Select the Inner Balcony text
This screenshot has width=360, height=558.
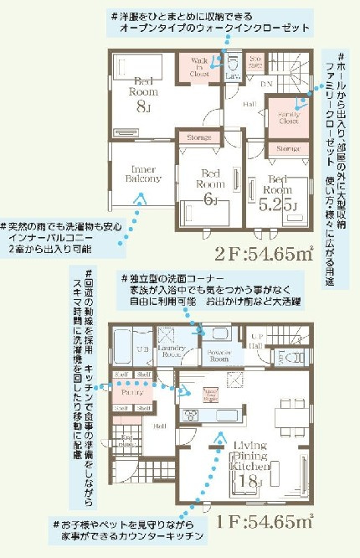coord(137,172)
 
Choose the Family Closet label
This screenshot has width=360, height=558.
coord(289,119)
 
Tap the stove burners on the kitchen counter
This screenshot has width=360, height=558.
coord(189,416)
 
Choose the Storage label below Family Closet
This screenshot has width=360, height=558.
coord(288,148)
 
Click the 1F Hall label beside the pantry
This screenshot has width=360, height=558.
coord(159,425)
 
